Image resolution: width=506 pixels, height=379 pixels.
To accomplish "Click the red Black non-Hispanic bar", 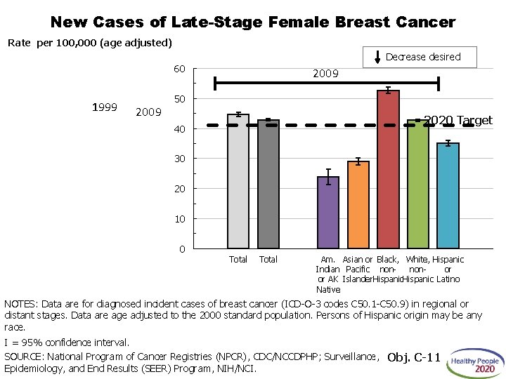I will click(388, 169).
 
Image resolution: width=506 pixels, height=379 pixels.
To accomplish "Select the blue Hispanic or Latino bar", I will click(448, 196).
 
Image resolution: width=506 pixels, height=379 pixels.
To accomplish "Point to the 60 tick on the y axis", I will click(179, 69).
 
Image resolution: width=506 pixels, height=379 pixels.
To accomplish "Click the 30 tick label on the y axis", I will click(179, 159).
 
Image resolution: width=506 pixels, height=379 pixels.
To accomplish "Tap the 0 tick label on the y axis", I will click(182, 249).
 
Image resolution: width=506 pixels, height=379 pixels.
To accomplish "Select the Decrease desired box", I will click(422, 57).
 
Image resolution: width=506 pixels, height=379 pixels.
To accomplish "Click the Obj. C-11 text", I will click(414, 358).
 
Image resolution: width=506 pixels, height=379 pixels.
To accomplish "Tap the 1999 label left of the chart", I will click(105, 107).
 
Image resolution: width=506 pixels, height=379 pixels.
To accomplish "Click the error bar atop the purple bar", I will click(328, 176).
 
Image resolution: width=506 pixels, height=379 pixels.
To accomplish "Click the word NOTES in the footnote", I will click(20, 304).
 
